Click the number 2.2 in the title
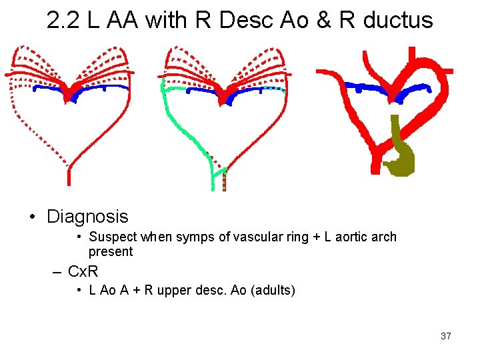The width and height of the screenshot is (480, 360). [63, 21]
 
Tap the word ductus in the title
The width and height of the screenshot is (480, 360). [398, 21]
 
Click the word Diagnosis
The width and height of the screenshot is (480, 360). [87, 217]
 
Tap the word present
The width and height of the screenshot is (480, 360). [111, 251]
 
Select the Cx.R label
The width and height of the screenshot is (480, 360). [83, 271]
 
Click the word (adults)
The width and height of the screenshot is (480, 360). [271, 290]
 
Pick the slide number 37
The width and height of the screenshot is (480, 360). [445, 336]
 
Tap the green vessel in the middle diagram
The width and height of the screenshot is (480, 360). [189, 134]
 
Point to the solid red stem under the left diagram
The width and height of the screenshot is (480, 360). [69, 175]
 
